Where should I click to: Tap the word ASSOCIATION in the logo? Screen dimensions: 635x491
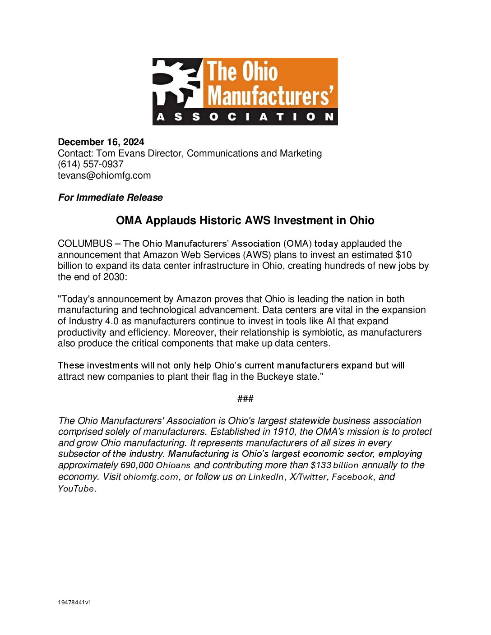click(x=245, y=117)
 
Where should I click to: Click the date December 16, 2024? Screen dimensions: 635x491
click(x=101, y=142)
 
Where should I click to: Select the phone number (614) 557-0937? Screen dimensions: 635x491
click(x=91, y=164)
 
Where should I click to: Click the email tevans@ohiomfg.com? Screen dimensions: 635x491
click(x=104, y=175)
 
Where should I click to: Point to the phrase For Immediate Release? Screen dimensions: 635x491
click(x=111, y=198)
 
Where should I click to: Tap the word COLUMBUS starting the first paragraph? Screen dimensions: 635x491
click(x=85, y=244)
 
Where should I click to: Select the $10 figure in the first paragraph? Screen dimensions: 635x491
click(x=403, y=255)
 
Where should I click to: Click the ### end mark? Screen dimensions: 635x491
click(x=245, y=399)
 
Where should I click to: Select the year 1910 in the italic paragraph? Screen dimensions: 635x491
click(x=284, y=432)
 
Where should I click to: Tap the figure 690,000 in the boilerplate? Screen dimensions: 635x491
click(x=137, y=465)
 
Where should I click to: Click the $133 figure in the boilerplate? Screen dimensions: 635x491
click(x=320, y=465)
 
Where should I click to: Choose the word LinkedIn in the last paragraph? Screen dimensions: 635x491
click(x=266, y=477)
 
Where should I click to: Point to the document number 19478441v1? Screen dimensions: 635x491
click(x=74, y=602)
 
